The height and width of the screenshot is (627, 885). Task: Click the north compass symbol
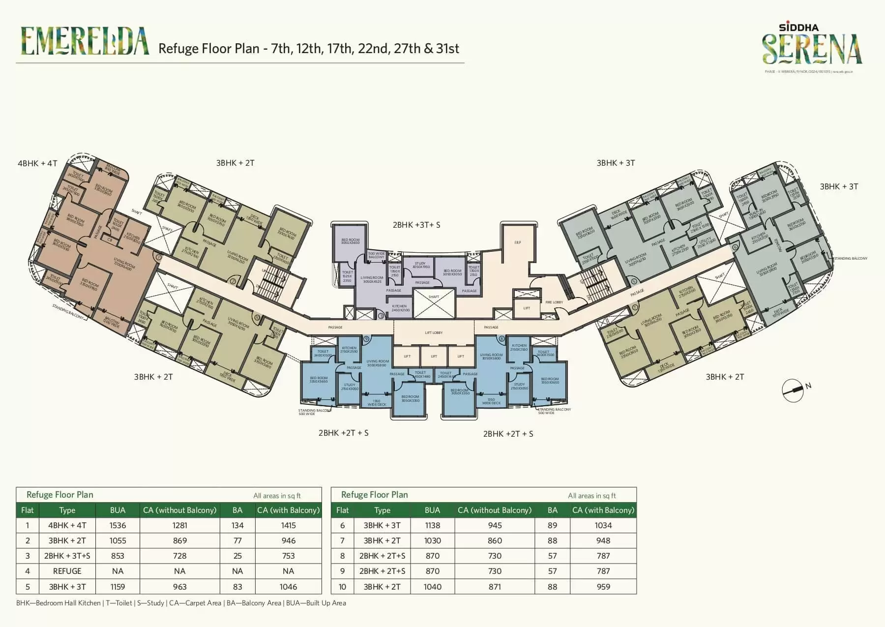tap(793, 390)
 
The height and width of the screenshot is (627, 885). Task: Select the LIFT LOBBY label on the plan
tap(434, 333)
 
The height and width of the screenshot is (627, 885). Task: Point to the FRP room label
tap(517, 242)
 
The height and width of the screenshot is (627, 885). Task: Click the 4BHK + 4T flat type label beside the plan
tap(37, 163)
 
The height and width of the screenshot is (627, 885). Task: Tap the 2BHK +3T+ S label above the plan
tap(416, 225)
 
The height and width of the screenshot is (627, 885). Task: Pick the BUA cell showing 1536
tap(118, 525)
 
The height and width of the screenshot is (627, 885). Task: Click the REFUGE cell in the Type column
tap(67, 571)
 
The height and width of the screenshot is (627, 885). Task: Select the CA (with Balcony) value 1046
tap(288, 587)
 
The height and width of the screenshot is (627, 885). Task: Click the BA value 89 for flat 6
tap(552, 525)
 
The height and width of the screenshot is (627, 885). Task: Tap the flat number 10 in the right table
tap(342, 587)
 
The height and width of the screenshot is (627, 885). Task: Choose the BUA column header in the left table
tap(118, 510)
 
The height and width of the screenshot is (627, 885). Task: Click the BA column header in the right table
tap(552, 510)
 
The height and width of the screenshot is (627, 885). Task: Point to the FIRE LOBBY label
tap(554, 302)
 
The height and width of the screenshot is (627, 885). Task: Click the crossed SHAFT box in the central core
tap(434, 303)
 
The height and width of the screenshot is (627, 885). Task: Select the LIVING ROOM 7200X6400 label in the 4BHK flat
tap(124, 264)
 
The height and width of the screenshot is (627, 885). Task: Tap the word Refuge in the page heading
tap(177, 49)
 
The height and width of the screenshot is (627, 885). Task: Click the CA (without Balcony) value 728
tap(179, 556)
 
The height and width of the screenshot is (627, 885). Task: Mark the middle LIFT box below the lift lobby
tap(434, 356)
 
